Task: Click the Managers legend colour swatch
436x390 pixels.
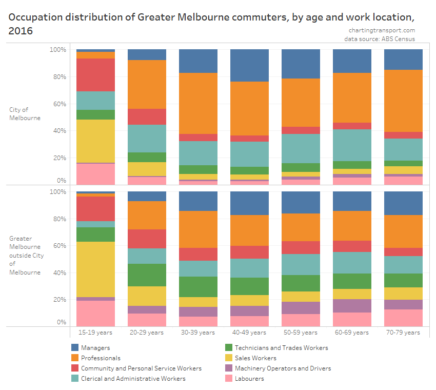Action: click(75, 348)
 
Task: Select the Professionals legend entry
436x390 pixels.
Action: click(101, 358)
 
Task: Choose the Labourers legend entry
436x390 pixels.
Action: click(249, 379)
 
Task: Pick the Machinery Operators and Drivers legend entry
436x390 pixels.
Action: click(282, 368)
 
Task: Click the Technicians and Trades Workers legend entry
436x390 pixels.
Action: click(281, 348)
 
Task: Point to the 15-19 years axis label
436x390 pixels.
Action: click(95, 333)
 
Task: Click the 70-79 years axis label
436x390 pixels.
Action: click(403, 333)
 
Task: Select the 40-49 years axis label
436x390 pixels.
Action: click(249, 333)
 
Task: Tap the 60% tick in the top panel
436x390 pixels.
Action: click(58, 104)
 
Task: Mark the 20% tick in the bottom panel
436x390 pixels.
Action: click(58, 300)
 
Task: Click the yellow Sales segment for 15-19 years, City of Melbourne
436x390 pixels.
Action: click(95, 141)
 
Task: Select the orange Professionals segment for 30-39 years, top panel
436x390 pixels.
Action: click(198, 103)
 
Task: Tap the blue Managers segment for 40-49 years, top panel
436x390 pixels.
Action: click(249, 65)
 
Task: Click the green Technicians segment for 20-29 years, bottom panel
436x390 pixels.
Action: click(147, 275)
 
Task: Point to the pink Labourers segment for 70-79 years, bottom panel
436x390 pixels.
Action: click(403, 318)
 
